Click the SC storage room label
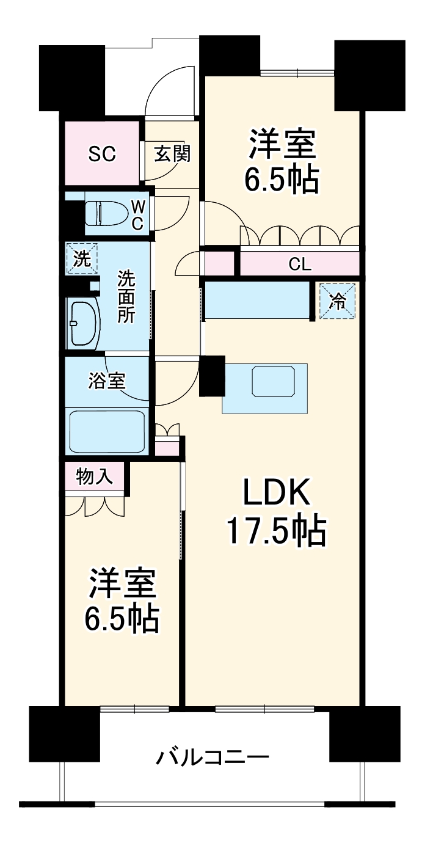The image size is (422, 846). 101,155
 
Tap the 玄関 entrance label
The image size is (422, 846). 172,154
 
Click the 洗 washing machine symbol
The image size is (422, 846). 82,258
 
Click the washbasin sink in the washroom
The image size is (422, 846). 84,324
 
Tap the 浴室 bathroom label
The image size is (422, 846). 107,381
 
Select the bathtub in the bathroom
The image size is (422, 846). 107,430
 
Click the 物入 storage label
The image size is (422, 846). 95,477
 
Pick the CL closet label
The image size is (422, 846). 300,264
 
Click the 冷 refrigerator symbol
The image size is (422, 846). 337,301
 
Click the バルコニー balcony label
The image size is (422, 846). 212,759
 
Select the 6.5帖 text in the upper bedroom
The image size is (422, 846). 282,179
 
